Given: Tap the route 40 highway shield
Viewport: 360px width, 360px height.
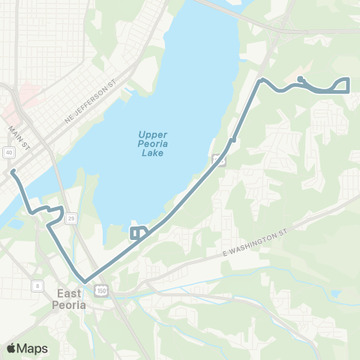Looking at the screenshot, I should (8, 152).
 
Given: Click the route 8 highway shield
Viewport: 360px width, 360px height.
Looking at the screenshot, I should (37, 285).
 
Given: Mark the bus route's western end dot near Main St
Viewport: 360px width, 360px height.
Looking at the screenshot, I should (13, 172).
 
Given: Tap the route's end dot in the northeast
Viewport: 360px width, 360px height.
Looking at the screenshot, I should (299, 78).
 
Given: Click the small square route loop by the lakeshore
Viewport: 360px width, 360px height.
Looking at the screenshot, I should (137, 232).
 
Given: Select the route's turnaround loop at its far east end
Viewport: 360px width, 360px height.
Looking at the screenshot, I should (344, 85).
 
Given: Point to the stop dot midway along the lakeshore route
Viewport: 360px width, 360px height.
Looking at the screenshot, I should (234, 139).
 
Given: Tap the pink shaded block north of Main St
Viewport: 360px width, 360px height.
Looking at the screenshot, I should (30, 96).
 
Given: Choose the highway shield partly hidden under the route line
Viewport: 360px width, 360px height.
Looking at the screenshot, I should (217, 159).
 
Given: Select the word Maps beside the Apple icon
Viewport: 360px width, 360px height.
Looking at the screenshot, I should (34, 348).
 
